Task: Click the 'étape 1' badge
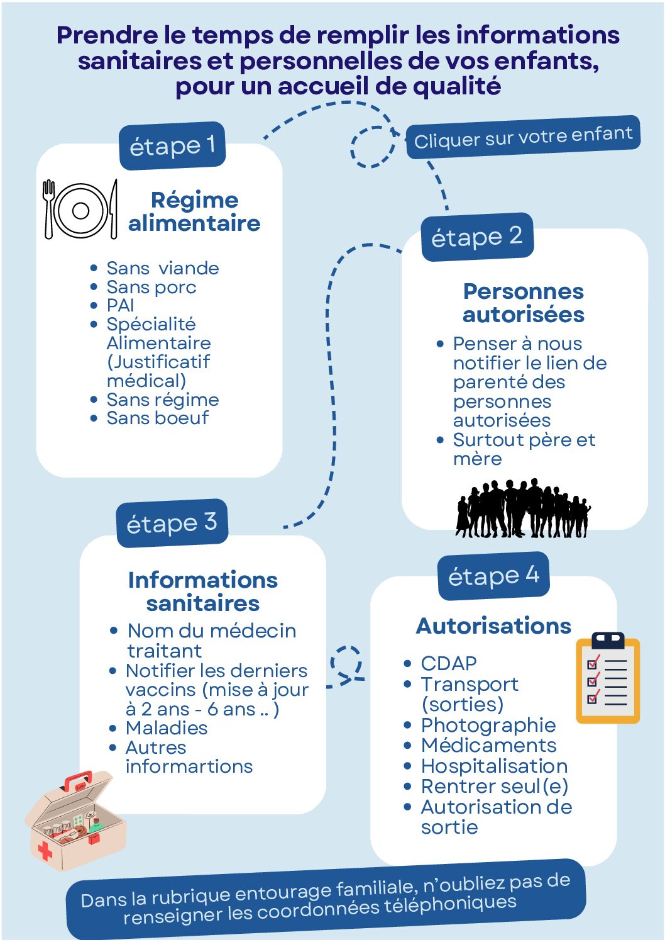(x=172, y=146)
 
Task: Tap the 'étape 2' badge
(x=476, y=237)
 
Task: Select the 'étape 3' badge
(x=172, y=523)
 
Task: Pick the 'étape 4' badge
(x=493, y=576)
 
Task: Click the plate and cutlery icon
(x=80, y=210)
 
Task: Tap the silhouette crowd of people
(x=523, y=508)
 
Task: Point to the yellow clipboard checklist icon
(x=607, y=678)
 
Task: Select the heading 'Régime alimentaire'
(x=194, y=211)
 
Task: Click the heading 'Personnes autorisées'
(x=523, y=303)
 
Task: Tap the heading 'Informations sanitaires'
(x=202, y=592)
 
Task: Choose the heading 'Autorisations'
(x=493, y=626)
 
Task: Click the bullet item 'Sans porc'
(x=151, y=287)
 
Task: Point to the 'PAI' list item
(x=121, y=305)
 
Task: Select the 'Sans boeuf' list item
(x=157, y=418)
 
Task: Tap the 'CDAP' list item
(x=449, y=663)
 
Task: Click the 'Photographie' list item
(x=488, y=725)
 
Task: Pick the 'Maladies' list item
(x=167, y=728)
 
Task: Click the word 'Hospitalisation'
(x=494, y=766)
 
